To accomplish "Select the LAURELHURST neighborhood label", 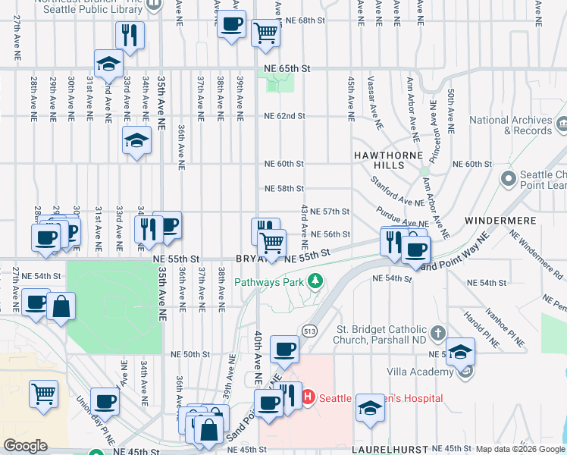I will pyautogui.click(x=383, y=449).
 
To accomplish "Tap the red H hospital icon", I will pyautogui.click(x=308, y=397).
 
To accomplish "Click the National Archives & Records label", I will pyautogui.click(x=509, y=125).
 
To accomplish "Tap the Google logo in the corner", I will pyautogui.click(x=26, y=445).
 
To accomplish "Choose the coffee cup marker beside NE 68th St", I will pyautogui.click(x=231, y=23).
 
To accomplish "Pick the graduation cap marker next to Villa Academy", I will pyautogui.click(x=459, y=351).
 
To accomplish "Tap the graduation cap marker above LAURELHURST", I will pyautogui.click(x=370, y=406).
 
